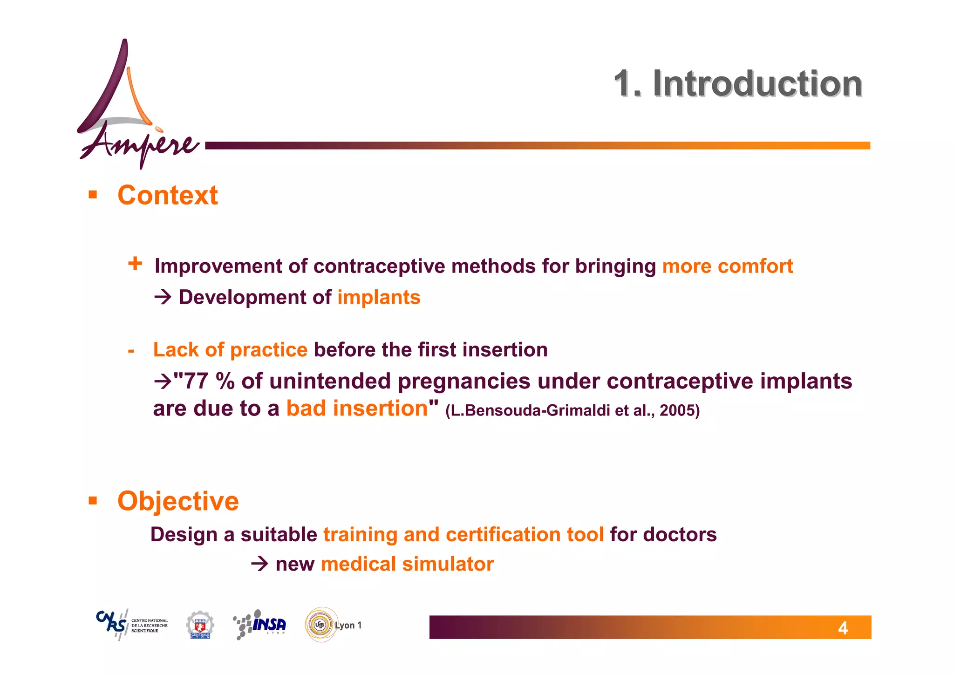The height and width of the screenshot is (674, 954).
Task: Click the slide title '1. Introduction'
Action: click(x=738, y=84)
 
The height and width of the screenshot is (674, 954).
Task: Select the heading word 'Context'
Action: click(x=167, y=195)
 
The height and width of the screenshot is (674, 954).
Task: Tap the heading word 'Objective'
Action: click(x=178, y=501)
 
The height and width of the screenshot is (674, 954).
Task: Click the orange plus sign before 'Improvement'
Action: click(x=135, y=264)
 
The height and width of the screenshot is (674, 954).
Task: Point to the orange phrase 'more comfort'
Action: click(x=727, y=266)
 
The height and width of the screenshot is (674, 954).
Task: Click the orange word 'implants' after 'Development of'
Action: click(x=379, y=297)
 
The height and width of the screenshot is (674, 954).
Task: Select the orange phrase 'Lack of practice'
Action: click(x=230, y=350)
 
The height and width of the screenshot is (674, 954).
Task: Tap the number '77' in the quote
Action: click(x=196, y=381)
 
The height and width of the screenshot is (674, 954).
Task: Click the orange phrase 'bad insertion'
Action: click(x=357, y=408)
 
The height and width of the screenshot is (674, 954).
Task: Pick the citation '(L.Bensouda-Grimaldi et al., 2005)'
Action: click(x=572, y=410)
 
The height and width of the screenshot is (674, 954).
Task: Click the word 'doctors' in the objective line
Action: click(x=680, y=535)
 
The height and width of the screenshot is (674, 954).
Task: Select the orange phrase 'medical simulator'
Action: click(x=407, y=564)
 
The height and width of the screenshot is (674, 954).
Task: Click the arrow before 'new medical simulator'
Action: click(x=259, y=564)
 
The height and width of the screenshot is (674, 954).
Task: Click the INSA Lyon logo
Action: click(x=260, y=625)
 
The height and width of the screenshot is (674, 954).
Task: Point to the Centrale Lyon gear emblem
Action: click(x=200, y=625)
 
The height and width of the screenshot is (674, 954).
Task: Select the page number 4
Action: click(x=843, y=628)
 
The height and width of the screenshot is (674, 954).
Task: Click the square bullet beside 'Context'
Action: click(x=93, y=195)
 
